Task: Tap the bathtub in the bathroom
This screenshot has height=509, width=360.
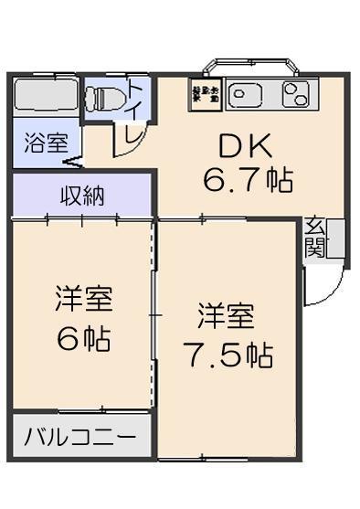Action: click(x=45, y=96)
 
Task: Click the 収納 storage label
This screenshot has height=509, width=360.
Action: click(x=82, y=195)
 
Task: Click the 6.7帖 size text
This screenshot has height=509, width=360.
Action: click(x=248, y=180)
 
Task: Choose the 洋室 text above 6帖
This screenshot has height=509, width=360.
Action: click(x=83, y=299)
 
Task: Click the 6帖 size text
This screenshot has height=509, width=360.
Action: click(x=83, y=339)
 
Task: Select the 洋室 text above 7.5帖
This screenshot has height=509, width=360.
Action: click(x=227, y=317)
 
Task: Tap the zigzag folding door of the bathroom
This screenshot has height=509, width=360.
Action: click(x=73, y=162)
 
